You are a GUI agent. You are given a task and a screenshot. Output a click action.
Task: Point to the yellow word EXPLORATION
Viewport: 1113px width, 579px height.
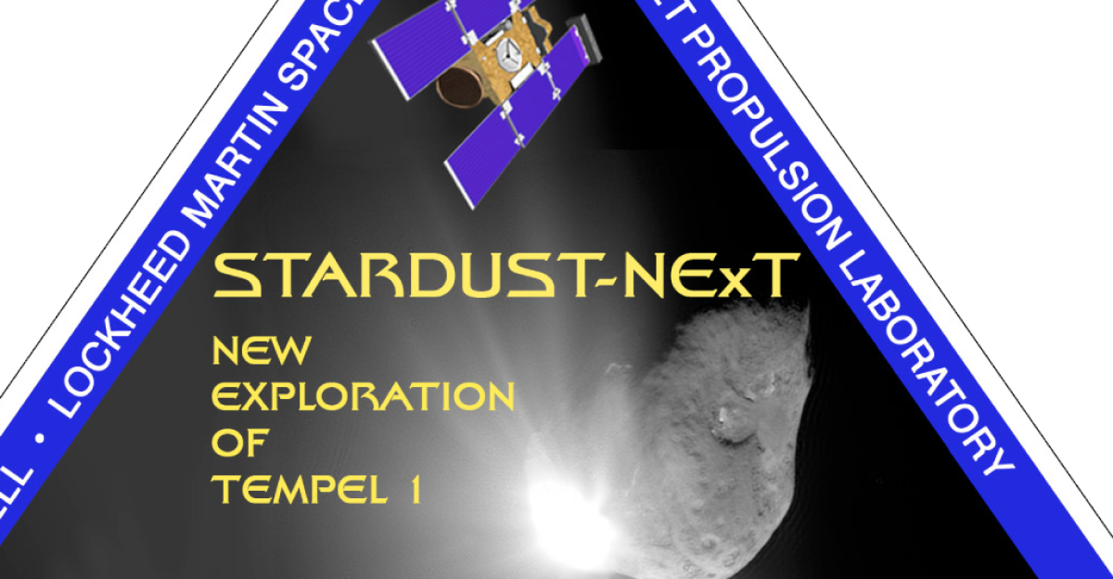pyautogui.click(x=363, y=397)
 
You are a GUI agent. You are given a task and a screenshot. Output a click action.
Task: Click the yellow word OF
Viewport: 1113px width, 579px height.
pyautogui.click(x=238, y=444)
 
